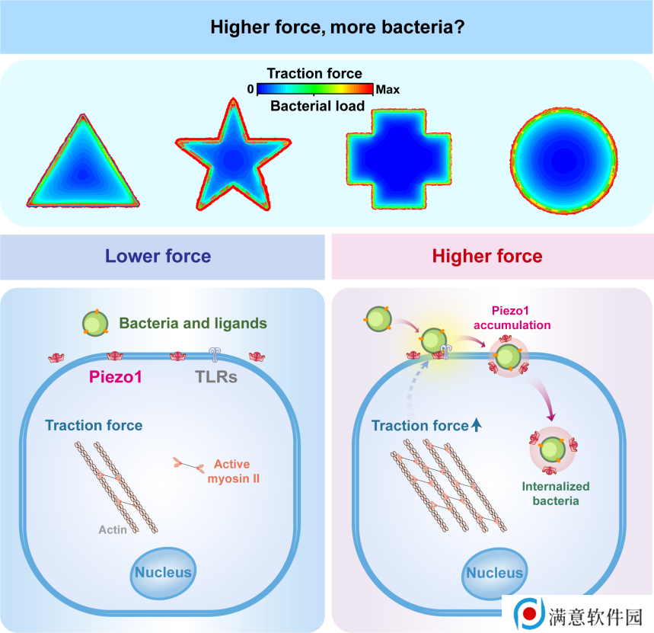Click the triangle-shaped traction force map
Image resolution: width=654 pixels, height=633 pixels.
pyautogui.click(x=83, y=167)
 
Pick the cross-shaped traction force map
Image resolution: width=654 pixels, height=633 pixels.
pyautogui.click(x=399, y=158)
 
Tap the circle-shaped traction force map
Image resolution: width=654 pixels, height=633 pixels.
pyautogui.click(x=564, y=161)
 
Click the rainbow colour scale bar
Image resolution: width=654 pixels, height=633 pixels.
pyautogui.click(x=315, y=89)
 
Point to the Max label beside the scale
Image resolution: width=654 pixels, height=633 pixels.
pyautogui.click(x=388, y=89)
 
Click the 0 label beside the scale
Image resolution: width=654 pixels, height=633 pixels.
pyautogui.click(x=250, y=89)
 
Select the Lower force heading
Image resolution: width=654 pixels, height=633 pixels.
pyautogui.click(x=158, y=256)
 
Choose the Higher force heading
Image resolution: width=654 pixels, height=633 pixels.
pyautogui.click(x=487, y=256)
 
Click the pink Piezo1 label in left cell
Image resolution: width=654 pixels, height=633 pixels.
pyautogui.click(x=116, y=377)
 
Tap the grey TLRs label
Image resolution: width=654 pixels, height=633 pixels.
pyautogui.click(x=216, y=377)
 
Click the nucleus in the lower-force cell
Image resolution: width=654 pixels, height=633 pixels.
pyautogui.click(x=163, y=573)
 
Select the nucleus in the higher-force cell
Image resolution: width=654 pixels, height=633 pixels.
pyautogui.click(x=495, y=574)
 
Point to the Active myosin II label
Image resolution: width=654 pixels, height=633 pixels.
pyautogui.click(x=233, y=471)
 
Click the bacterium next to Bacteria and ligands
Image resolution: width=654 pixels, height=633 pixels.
pyautogui.click(x=95, y=323)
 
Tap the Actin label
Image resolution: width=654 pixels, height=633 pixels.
pyautogui.click(x=113, y=529)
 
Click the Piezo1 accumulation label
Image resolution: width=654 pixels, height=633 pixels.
pyautogui.click(x=512, y=318)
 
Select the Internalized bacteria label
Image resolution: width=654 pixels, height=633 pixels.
pyautogui.click(x=556, y=493)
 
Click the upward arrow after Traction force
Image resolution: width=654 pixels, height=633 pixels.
pyautogui.click(x=477, y=425)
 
